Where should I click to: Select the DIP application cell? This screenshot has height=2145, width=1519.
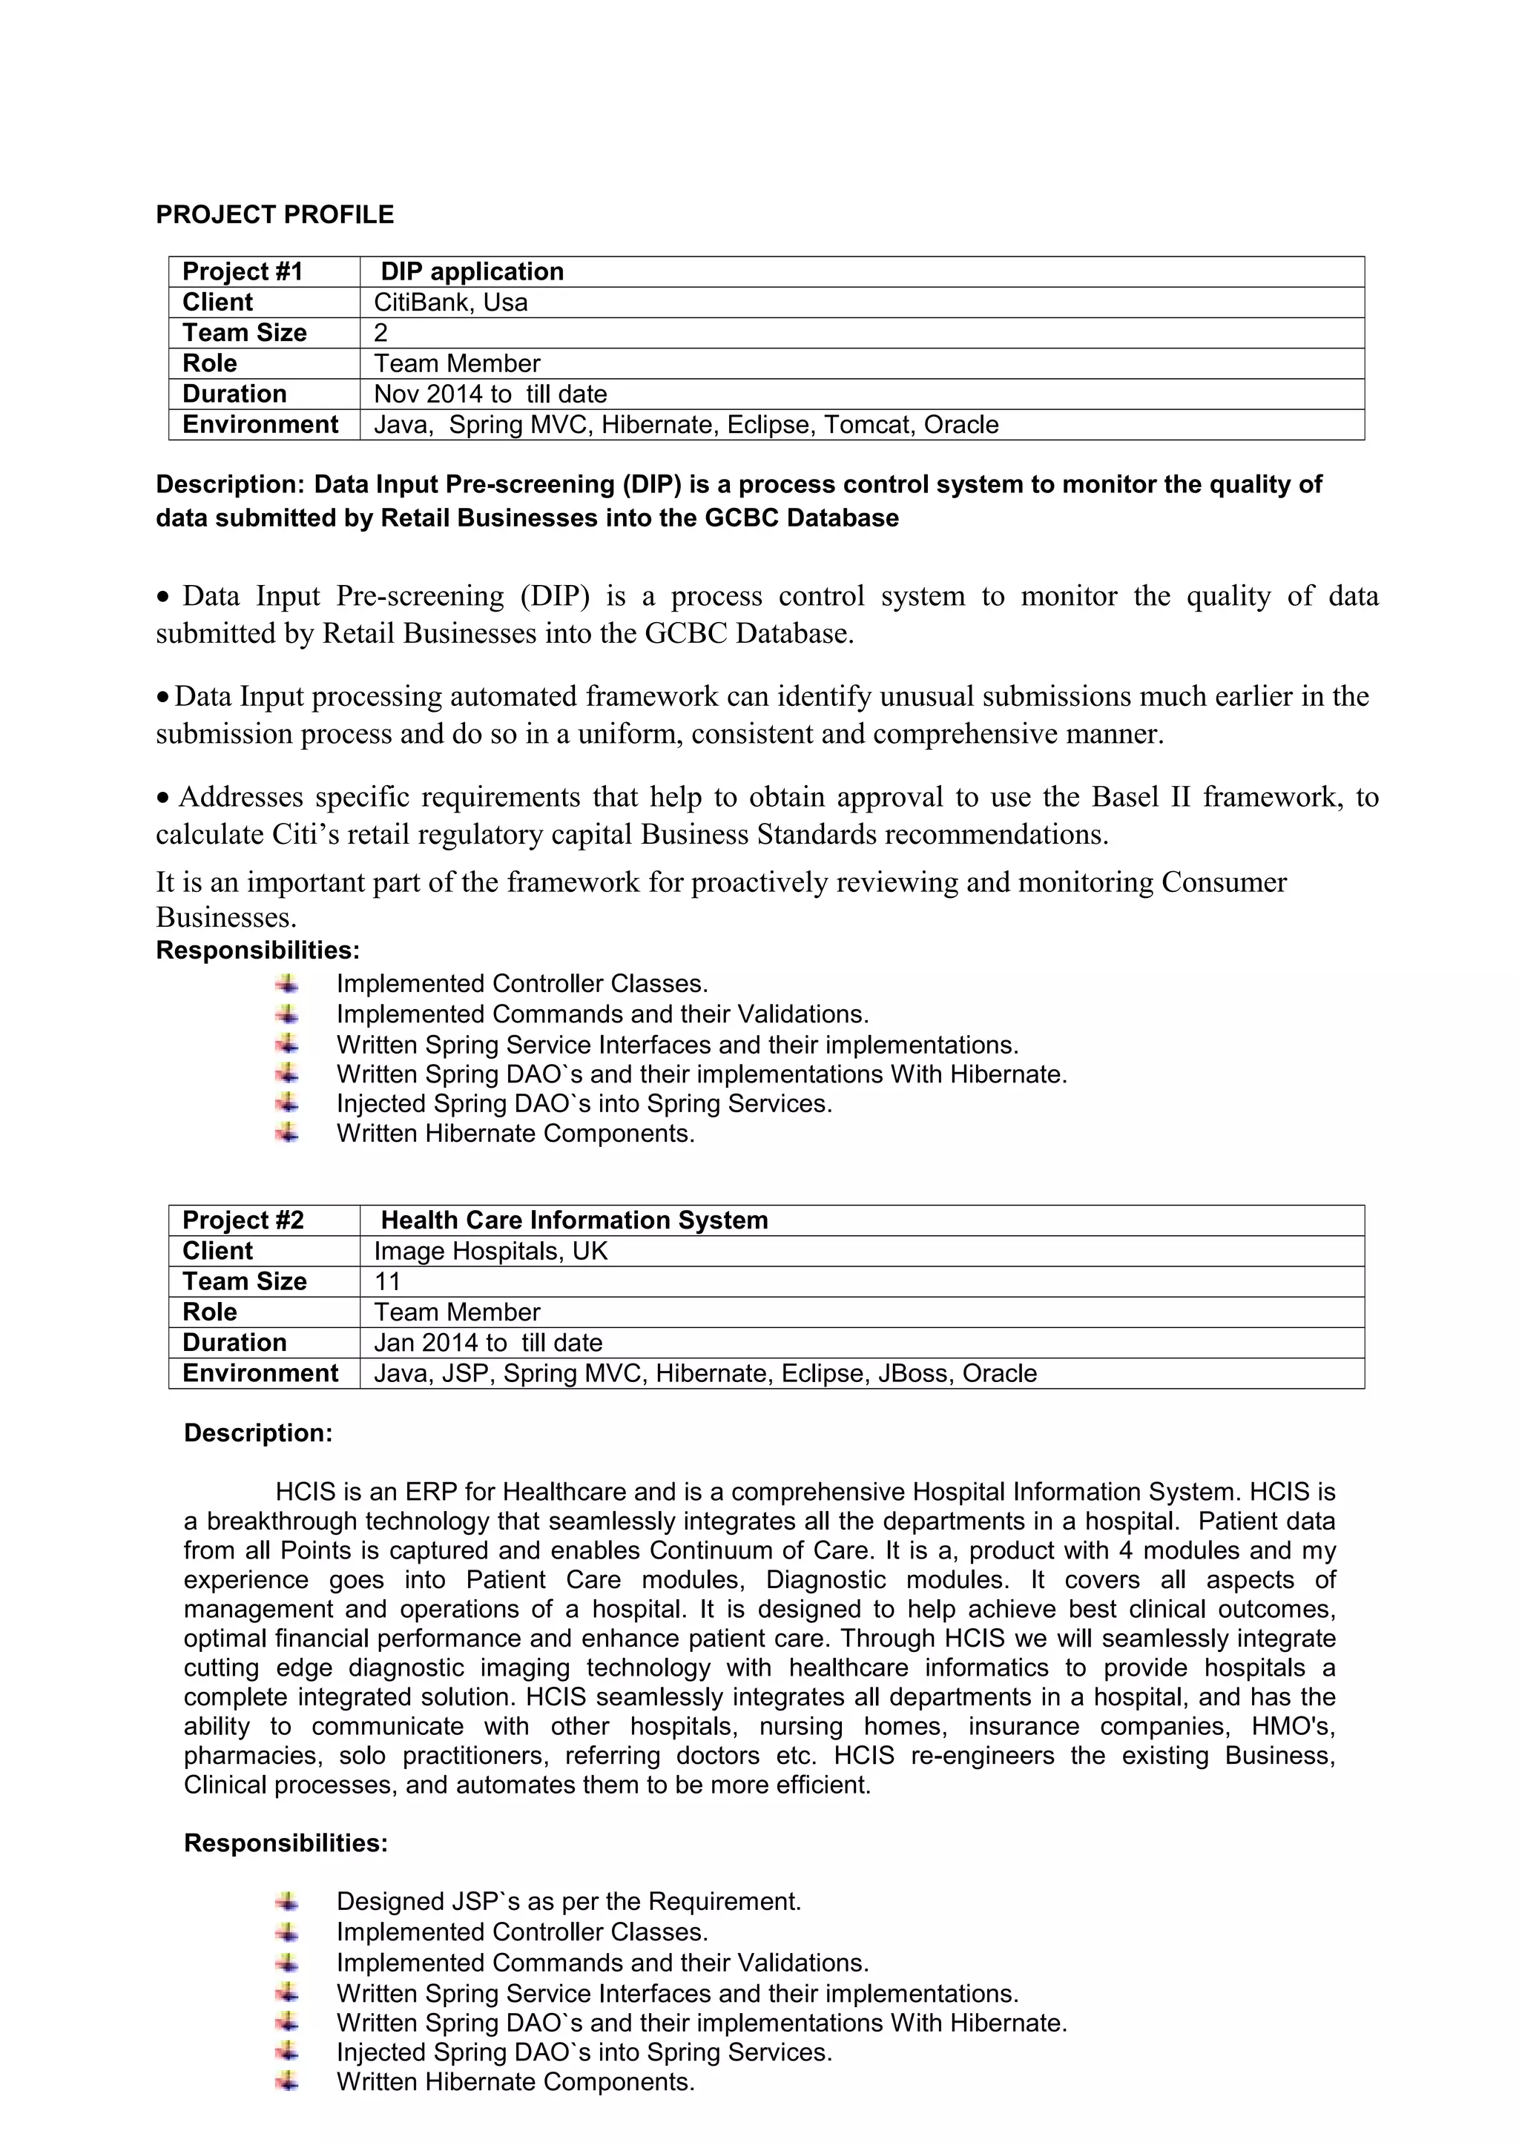click(x=472, y=272)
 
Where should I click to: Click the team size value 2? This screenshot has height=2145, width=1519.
click(x=380, y=334)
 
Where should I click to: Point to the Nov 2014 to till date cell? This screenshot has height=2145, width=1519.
click(x=490, y=394)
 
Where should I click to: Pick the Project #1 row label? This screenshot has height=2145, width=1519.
click(x=243, y=272)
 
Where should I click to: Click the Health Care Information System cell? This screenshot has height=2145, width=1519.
click(x=573, y=1220)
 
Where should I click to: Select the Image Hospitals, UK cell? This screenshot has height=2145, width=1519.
click(x=490, y=1251)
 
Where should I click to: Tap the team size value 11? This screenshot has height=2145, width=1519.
click(x=386, y=1282)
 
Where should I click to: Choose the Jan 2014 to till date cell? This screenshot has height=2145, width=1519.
click(x=487, y=1343)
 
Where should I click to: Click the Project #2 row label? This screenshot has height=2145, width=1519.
click(x=243, y=1220)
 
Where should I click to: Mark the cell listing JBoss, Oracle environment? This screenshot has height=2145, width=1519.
click(x=705, y=1374)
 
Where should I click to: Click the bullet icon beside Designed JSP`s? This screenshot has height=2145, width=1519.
click(x=287, y=1901)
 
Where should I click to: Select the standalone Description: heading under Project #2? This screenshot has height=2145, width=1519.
click(x=257, y=1433)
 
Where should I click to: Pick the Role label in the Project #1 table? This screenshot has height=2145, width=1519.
click(x=209, y=364)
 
